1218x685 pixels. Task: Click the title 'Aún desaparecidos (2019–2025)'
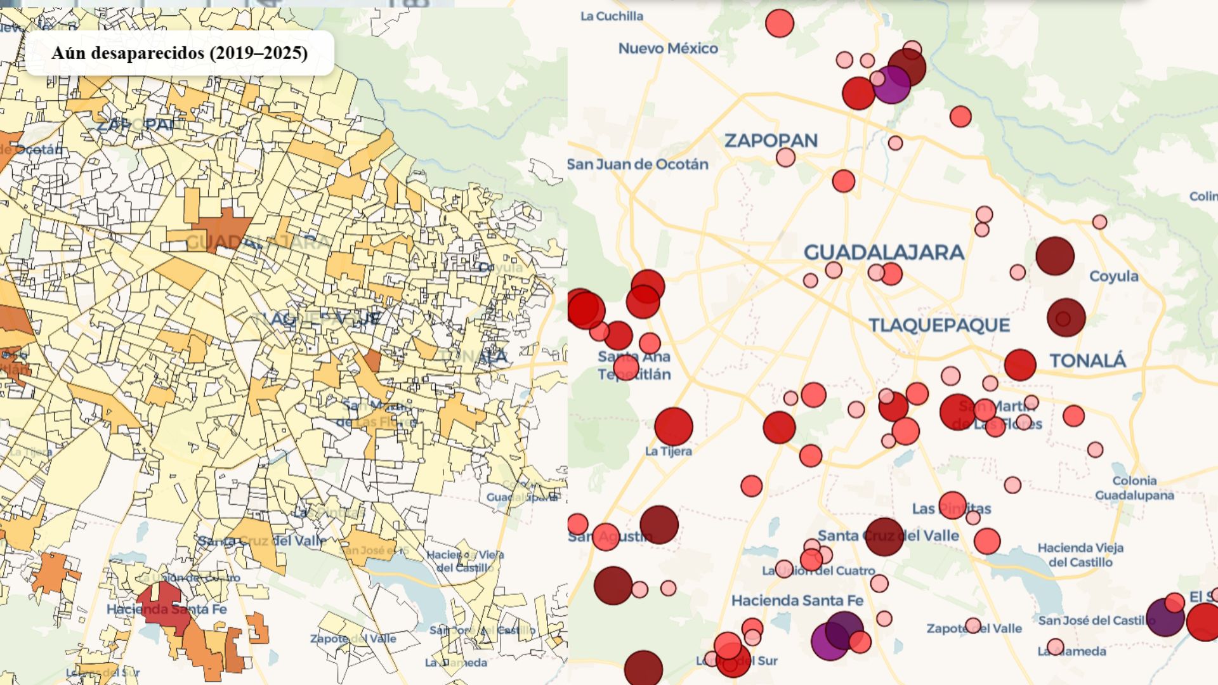coord(180,53)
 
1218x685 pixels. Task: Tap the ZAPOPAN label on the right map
coord(771,140)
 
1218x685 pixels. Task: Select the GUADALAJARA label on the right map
coord(884,252)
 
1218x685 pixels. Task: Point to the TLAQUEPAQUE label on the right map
coord(939,325)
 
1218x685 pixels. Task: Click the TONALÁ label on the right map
coord(1087,360)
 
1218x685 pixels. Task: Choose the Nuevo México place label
coord(668,48)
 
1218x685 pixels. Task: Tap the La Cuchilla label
coord(612,16)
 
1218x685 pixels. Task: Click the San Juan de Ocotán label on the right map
coord(638,164)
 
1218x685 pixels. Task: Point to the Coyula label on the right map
coord(1113,276)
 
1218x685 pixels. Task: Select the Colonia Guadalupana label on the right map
coord(1134,488)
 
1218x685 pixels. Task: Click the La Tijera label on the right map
coord(668,451)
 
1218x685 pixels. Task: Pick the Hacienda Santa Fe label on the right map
coord(797,600)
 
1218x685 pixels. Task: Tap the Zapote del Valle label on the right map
coord(974,628)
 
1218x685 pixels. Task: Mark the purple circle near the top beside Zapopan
coord(891,85)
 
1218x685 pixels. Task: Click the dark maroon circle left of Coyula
coord(1054,256)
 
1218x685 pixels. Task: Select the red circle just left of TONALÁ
coord(1020,365)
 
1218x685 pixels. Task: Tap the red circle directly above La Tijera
coord(673,426)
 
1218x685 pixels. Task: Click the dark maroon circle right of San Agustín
coord(659,525)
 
